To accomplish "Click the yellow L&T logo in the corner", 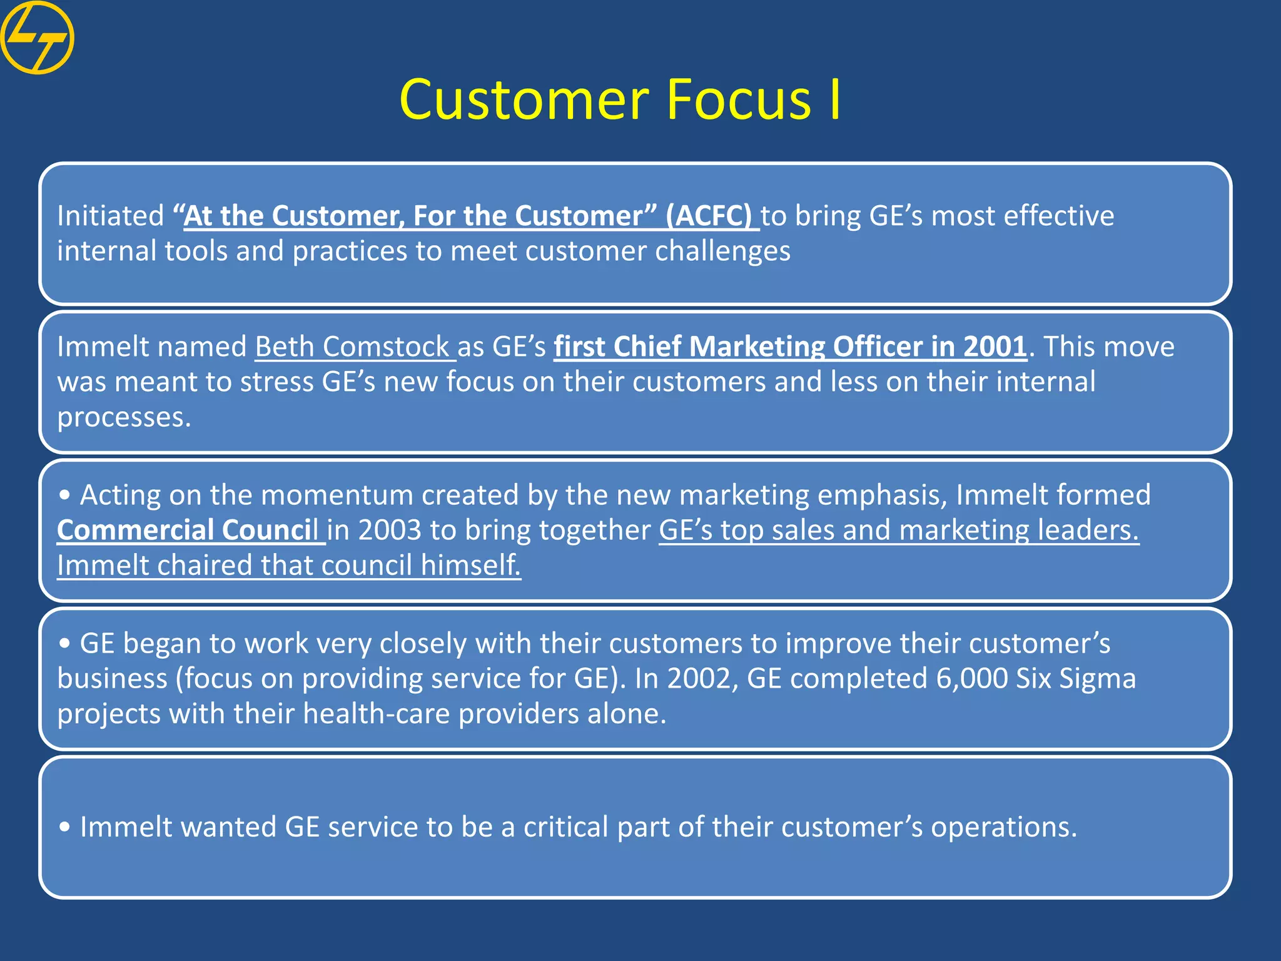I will [37, 38].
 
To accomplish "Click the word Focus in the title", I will [738, 100].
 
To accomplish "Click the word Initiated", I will [110, 216].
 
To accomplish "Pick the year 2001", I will [995, 347].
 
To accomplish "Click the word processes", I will [123, 417].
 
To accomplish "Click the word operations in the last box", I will [1003, 827].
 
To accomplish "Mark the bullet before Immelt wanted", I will [64, 827].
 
